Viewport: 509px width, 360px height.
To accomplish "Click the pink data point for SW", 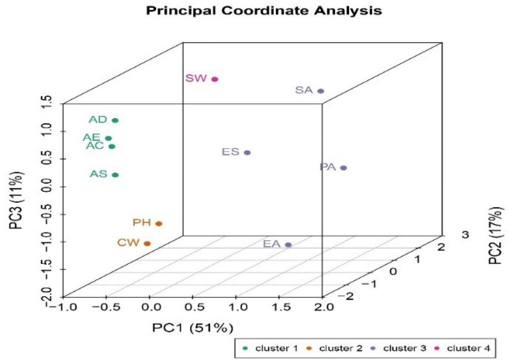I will [215, 79].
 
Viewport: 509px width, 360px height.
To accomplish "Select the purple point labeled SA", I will [321, 91].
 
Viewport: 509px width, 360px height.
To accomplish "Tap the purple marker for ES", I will [247, 153].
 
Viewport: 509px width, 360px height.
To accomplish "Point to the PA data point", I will [344, 168].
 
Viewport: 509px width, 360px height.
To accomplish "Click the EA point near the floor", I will [288, 245].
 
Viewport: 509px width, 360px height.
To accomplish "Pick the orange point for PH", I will [159, 224].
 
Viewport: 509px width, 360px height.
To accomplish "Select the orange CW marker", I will [147, 243].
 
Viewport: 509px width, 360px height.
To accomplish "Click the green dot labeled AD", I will [115, 120].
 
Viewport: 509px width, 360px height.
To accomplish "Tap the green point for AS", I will [115, 175].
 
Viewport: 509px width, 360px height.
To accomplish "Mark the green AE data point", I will [108, 139].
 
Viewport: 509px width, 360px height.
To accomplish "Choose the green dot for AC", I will [112, 147].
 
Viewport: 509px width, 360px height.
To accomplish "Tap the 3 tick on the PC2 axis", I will [466, 235].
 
